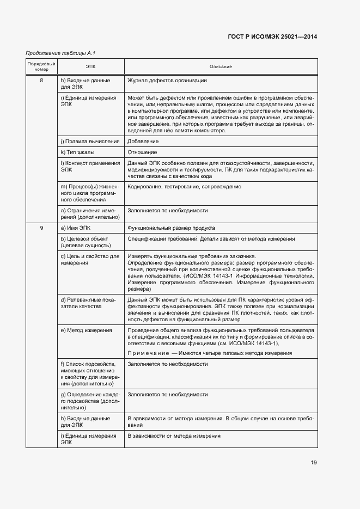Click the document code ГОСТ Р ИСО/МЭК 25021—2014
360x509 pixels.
point(272,37)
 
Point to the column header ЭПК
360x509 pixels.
point(90,66)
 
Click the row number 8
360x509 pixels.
point(41,81)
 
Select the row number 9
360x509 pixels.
point(41,228)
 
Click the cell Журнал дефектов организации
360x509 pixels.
point(167,81)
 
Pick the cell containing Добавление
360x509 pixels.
point(143,142)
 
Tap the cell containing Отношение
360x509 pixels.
point(142,152)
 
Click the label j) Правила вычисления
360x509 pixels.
point(90,142)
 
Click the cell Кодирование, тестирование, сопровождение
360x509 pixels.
point(184,187)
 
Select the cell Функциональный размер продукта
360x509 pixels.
point(170,228)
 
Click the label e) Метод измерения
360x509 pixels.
point(87,330)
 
